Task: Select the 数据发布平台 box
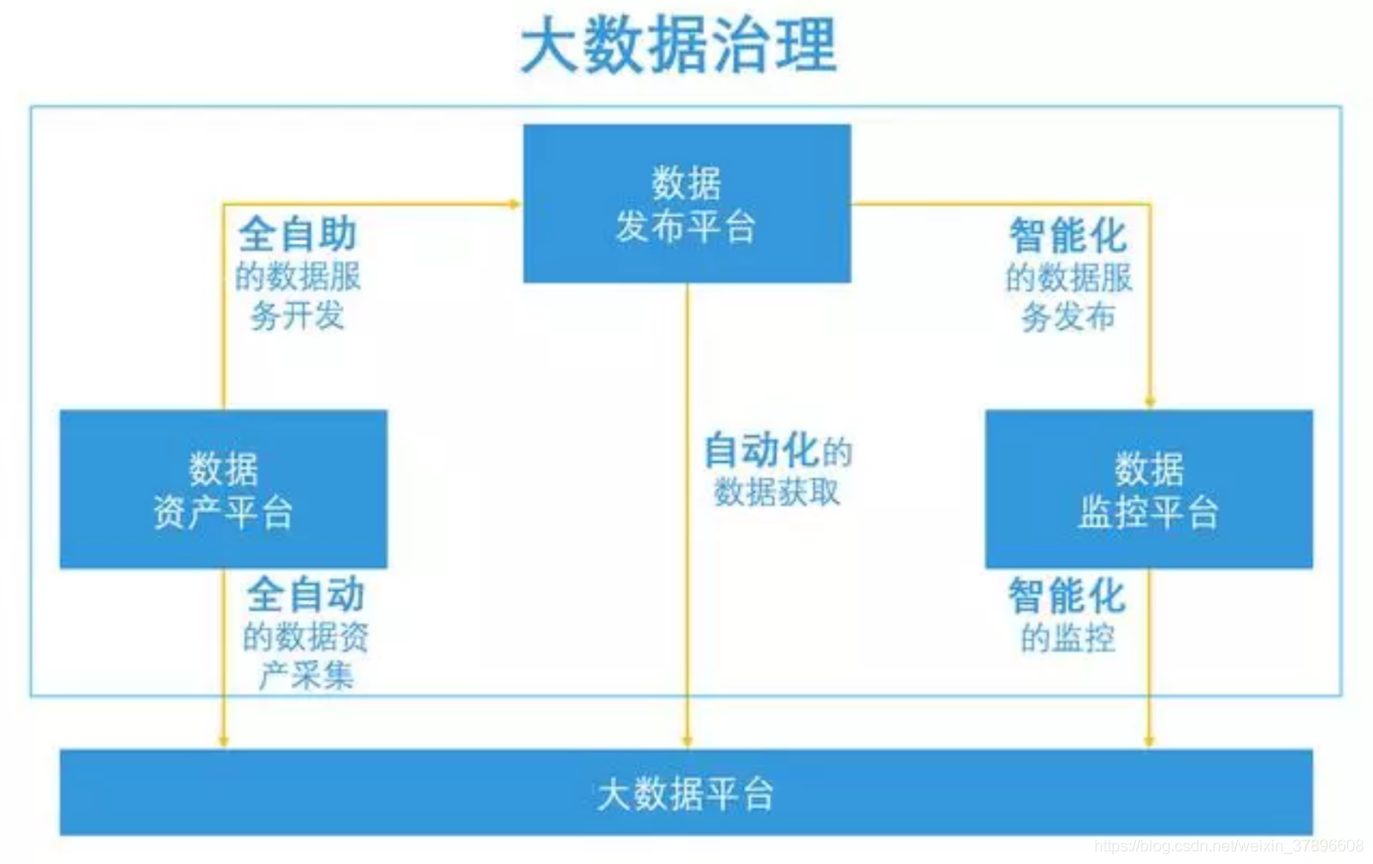686,203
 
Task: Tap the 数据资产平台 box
223,489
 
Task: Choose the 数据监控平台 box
1148,489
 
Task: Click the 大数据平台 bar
686,793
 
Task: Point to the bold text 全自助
298,235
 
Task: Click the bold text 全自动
307,594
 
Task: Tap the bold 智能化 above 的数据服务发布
1067,236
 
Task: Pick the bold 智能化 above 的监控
1066,596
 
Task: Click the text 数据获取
777,492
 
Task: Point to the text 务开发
298,316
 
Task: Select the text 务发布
1067,317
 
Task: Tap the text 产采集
307,676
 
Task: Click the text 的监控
1067,638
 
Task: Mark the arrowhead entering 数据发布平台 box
515,204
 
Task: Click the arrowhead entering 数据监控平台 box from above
1150,402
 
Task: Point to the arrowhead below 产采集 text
223,740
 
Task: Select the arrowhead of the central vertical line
686,741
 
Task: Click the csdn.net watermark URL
1229,846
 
